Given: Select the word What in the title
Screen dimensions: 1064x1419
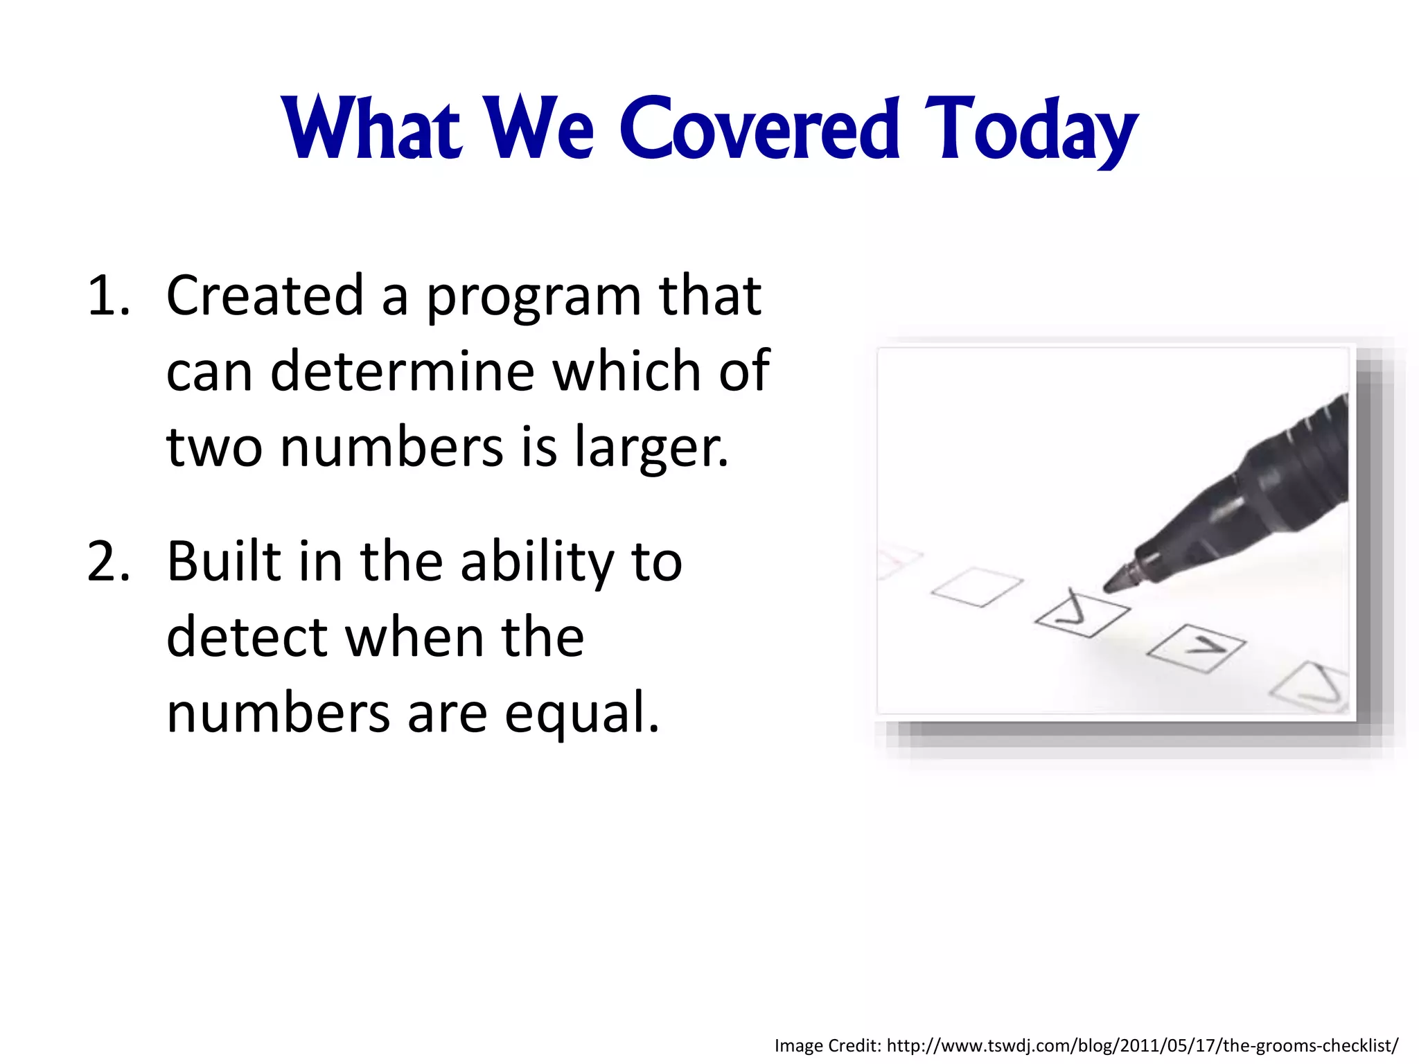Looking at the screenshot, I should click(x=372, y=129).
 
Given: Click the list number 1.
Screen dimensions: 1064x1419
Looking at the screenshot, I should click(x=108, y=296).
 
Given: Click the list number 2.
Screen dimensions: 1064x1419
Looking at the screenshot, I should click(x=108, y=562).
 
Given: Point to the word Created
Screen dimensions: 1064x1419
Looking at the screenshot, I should click(x=265, y=296).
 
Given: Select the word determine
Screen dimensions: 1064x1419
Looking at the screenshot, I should click(x=402, y=372).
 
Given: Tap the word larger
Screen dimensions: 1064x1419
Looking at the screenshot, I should click(x=651, y=449).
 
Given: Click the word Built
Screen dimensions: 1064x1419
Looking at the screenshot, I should click(x=224, y=562).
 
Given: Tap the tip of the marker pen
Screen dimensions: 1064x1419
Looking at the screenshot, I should click(x=1109, y=587).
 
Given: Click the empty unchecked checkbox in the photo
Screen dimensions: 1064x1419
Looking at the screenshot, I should click(x=977, y=587).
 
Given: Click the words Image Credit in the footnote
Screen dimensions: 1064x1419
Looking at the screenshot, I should click(x=827, y=1045).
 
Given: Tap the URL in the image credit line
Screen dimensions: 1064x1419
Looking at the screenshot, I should click(x=1142, y=1045).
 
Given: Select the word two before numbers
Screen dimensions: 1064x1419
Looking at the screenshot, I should click(x=214, y=449).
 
